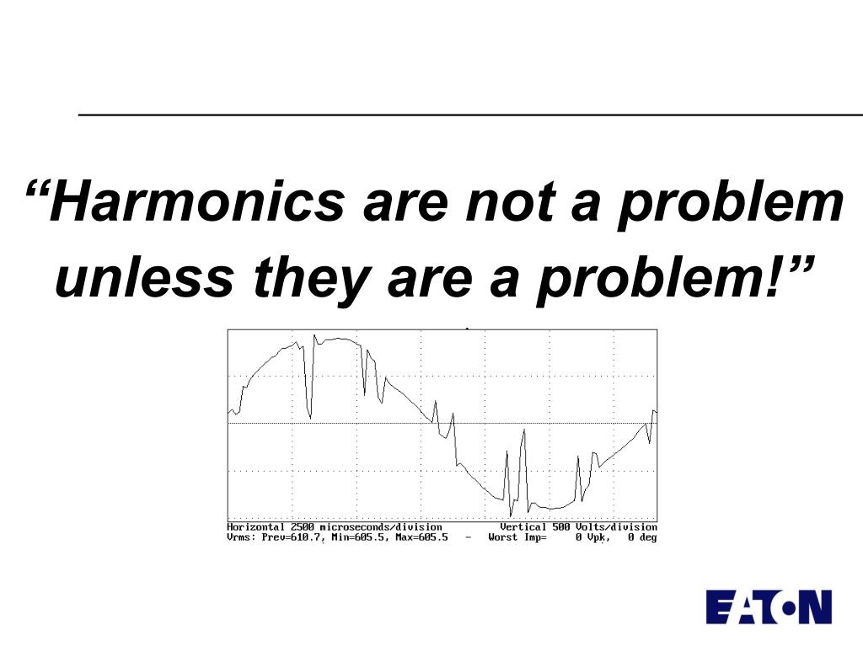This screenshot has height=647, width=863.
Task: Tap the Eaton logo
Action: click(x=769, y=607)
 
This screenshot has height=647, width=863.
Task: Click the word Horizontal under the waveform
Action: click(x=256, y=527)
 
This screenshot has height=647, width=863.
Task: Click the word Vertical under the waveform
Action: click(x=523, y=527)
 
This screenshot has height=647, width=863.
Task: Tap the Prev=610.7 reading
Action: click(x=292, y=537)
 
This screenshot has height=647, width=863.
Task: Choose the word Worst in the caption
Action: click(x=503, y=537)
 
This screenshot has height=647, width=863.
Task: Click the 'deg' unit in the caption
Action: click(x=648, y=537)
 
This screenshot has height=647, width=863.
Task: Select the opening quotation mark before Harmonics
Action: click(x=35, y=187)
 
